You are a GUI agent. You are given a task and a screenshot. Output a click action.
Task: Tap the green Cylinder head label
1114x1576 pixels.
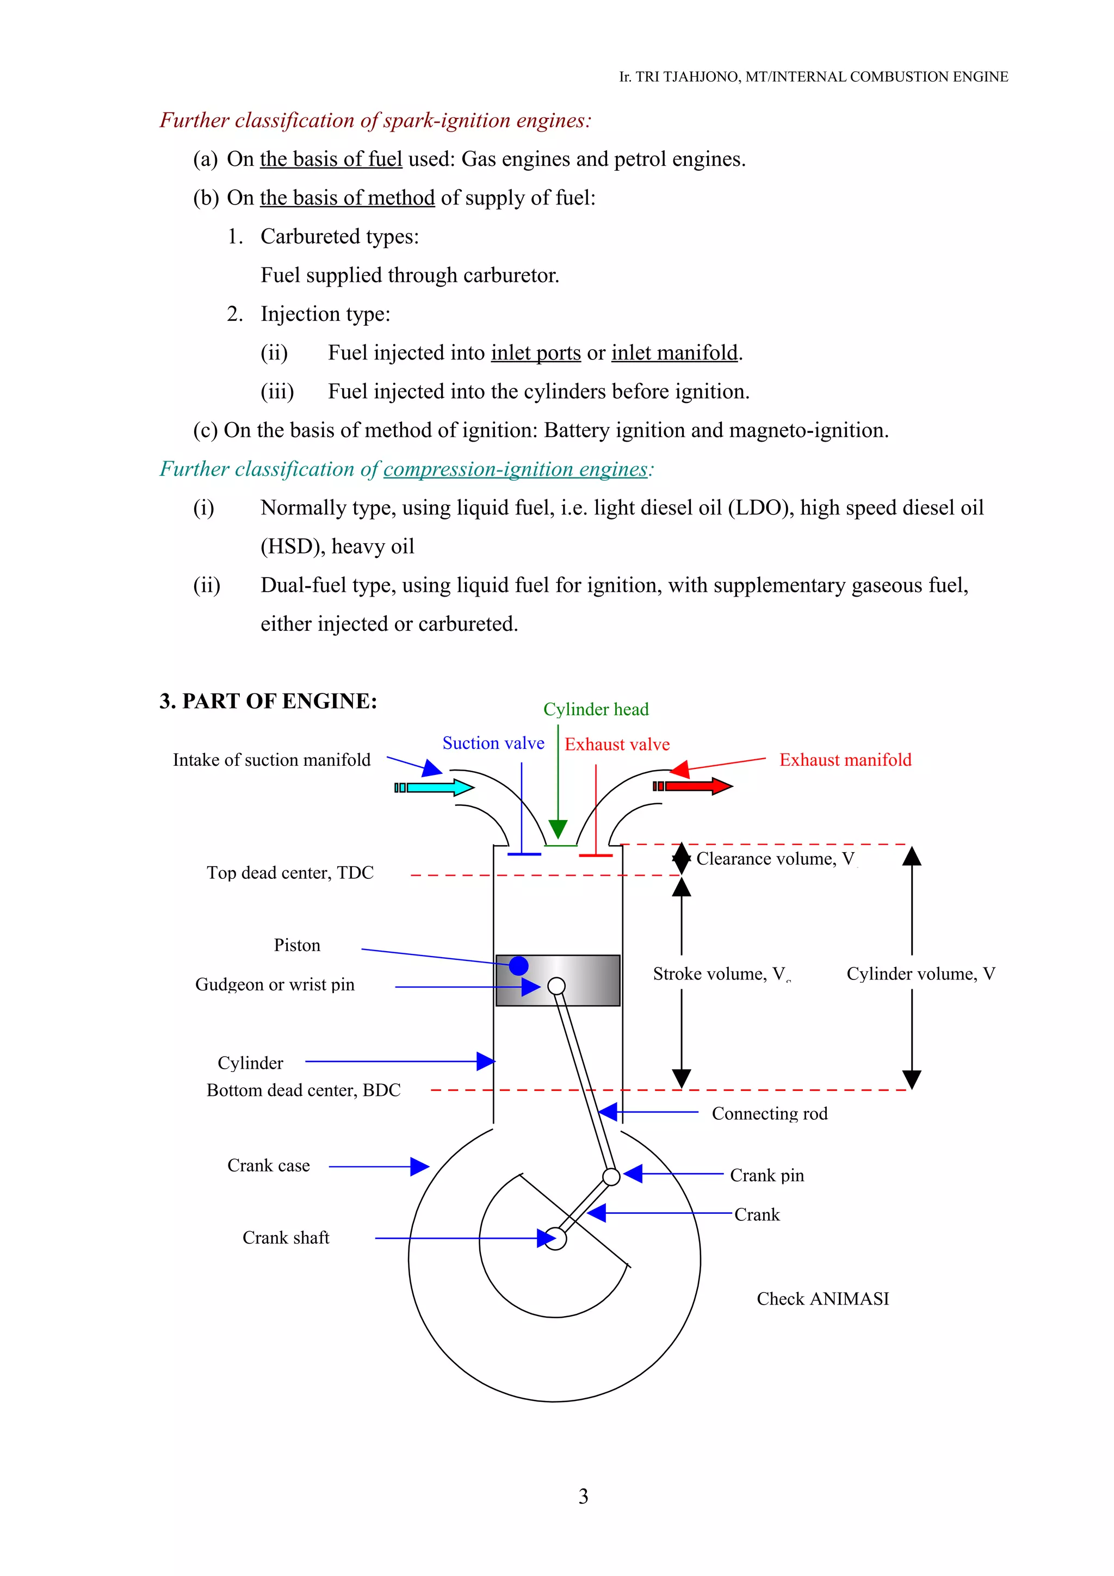point(596,709)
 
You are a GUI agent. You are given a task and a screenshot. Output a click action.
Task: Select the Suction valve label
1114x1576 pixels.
point(493,743)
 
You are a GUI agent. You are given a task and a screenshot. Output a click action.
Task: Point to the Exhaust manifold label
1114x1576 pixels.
point(845,760)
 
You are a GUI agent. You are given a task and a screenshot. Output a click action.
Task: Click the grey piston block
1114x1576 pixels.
point(590,980)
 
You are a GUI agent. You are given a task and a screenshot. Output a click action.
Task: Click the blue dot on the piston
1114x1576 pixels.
point(518,966)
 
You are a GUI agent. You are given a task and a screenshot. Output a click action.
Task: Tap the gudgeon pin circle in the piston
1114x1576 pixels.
point(556,986)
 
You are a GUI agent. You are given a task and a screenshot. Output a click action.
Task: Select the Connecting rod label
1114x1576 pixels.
point(770,1113)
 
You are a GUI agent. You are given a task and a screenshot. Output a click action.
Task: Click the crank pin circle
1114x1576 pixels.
point(611,1176)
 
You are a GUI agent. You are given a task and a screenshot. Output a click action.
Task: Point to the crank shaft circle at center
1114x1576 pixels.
point(556,1239)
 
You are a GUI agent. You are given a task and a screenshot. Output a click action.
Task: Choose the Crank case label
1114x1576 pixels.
point(268,1165)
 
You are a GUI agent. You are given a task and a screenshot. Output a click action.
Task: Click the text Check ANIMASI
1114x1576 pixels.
point(822,1299)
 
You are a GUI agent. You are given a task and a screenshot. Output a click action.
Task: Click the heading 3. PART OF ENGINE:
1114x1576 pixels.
point(268,701)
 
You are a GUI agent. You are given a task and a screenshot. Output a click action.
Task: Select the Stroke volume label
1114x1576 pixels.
point(721,974)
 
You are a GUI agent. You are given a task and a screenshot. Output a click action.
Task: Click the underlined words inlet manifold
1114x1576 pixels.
point(674,353)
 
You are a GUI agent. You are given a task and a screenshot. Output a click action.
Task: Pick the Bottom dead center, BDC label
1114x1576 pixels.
point(304,1090)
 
